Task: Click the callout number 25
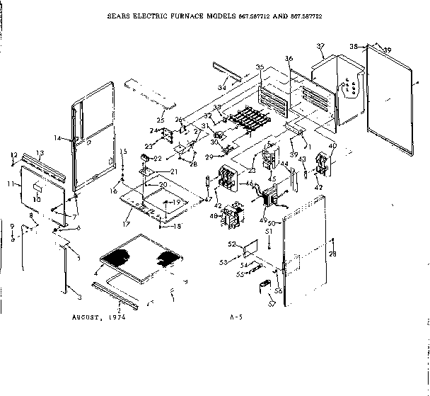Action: [x=161, y=120]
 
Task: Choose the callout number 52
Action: [x=231, y=244]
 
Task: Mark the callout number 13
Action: [x=40, y=153]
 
